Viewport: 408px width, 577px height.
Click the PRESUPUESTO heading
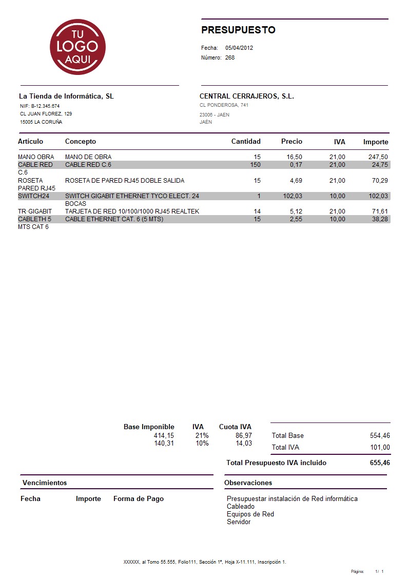click(238, 30)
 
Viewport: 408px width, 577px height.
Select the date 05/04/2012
click(239, 48)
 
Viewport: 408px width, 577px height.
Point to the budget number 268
click(230, 57)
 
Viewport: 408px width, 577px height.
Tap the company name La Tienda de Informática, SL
click(66, 96)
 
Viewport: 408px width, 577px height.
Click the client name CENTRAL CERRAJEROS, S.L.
click(246, 96)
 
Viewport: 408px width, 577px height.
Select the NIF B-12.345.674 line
click(40, 106)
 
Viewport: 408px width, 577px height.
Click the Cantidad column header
click(246, 141)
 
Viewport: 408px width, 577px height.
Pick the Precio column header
click(292, 141)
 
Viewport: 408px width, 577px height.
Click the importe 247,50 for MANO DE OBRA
click(378, 157)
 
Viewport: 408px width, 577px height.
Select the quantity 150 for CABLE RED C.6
click(255, 165)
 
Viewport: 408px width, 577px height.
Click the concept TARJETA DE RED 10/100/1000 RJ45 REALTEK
click(132, 211)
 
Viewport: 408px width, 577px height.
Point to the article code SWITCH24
click(33, 196)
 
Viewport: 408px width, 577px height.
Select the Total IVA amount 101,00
click(380, 448)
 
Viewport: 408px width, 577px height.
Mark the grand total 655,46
click(380, 463)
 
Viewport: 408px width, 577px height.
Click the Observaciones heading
click(248, 483)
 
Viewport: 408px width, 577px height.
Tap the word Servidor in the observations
click(239, 522)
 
